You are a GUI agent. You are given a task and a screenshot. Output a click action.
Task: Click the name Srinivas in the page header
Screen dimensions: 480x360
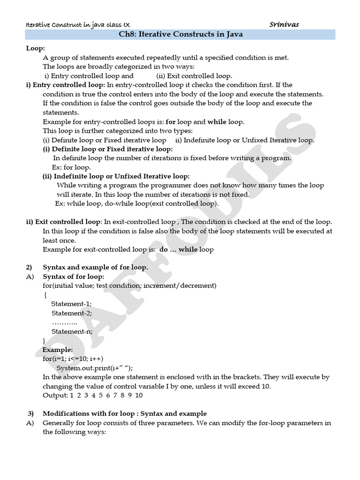tap(284, 24)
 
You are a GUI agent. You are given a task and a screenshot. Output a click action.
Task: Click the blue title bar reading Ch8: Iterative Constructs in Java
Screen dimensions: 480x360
tap(180, 35)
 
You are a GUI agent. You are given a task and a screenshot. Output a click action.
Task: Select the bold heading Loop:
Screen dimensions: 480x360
tap(36, 48)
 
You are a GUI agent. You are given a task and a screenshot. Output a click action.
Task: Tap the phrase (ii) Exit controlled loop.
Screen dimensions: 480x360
tap(195, 75)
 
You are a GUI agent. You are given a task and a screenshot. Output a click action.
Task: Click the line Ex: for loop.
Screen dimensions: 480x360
tap(71, 167)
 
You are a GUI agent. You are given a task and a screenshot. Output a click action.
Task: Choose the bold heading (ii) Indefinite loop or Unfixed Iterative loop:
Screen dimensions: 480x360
tap(116, 176)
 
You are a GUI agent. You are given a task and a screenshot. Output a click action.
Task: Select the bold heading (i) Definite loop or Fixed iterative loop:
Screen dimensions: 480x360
tap(108, 149)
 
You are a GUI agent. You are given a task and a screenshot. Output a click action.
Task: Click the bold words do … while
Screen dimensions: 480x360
tap(179, 249)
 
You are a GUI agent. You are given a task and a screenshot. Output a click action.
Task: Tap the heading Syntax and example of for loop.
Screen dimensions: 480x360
tap(95, 268)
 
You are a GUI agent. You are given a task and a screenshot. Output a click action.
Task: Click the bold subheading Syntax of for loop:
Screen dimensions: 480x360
tap(74, 277)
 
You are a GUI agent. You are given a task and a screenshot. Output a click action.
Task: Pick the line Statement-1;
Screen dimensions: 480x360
tap(71, 304)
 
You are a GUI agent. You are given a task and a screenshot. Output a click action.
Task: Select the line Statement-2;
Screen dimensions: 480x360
tap(72, 313)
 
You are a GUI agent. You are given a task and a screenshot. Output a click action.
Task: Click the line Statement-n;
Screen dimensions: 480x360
tap(72, 331)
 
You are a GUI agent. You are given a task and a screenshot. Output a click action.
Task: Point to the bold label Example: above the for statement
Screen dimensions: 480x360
tap(58, 350)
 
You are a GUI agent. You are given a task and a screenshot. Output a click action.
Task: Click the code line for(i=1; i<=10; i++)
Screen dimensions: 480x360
tap(76, 359)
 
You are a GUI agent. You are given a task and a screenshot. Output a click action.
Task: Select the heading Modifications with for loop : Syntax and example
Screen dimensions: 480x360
tap(125, 413)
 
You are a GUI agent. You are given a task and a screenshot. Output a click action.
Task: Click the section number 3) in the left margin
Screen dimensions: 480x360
tap(31, 413)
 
